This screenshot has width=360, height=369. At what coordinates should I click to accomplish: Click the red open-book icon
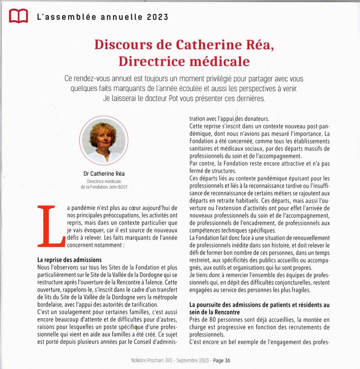pyautogui.click(x=18, y=16)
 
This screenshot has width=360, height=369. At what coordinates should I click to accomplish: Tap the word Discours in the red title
pyautogui.click(x=119, y=46)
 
